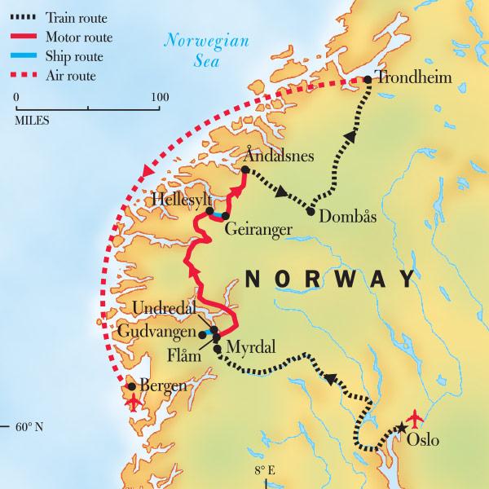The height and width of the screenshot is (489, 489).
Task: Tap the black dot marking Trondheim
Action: (x=368, y=80)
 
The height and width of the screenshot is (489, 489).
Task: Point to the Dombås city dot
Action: (x=312, y=211)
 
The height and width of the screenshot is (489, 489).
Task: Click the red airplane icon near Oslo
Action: (x=416, y=418)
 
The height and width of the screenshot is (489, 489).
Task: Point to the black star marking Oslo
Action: (x=401, y=428)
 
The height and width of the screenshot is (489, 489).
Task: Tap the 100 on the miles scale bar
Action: (x=160, y=97)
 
